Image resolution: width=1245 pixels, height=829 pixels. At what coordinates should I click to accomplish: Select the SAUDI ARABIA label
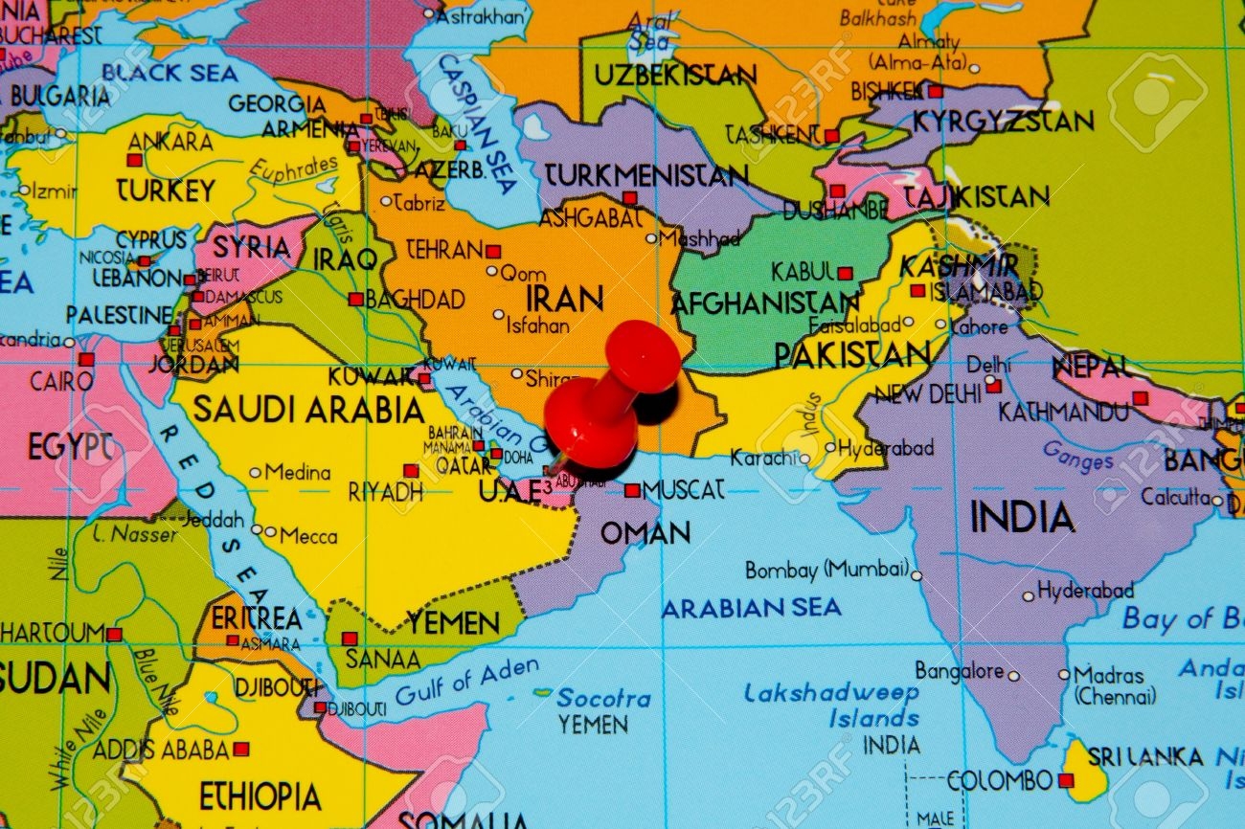[308, 410]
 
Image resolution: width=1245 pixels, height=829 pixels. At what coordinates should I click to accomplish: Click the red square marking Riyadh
[411, 471]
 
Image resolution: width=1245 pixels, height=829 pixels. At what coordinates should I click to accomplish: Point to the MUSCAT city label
[684, 490]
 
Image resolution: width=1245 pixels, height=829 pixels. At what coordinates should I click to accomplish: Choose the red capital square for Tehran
[492, 252]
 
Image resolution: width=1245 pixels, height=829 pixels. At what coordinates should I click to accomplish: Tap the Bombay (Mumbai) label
[826, 570]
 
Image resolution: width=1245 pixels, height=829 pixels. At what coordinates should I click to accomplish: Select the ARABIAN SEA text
[751, 607]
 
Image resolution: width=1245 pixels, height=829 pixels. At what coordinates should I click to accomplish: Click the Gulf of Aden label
[466, 682]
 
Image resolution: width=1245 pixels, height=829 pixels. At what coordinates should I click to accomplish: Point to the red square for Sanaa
[349, 638]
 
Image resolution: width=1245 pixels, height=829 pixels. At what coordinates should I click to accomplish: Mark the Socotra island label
[603, 698]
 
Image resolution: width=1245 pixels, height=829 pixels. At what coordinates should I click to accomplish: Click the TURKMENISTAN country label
[645, 175]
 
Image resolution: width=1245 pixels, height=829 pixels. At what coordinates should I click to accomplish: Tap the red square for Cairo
[86, 360]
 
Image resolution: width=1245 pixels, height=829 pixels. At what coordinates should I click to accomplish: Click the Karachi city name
[763, 459]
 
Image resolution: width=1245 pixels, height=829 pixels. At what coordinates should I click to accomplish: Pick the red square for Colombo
[1065, 780]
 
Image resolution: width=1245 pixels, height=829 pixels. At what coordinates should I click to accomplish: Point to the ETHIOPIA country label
[260, 795]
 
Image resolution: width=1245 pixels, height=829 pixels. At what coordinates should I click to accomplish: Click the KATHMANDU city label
[1063, 413]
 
